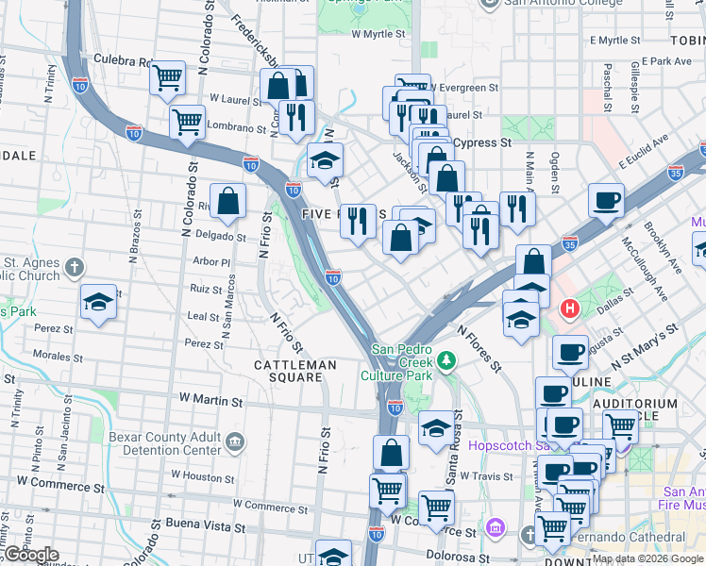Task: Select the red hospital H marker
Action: (x=570, y=308)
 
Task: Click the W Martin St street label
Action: (x=204, y=401)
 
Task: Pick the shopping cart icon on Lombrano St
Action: (x=188, y=122)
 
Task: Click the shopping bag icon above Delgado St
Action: (x=227, y=200)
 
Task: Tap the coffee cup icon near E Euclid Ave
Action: (x=606, y=200)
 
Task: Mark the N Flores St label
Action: (x=479, y=348)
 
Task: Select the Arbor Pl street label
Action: (x=210, y=262)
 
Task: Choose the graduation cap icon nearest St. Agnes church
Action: (x=98, y=302)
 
